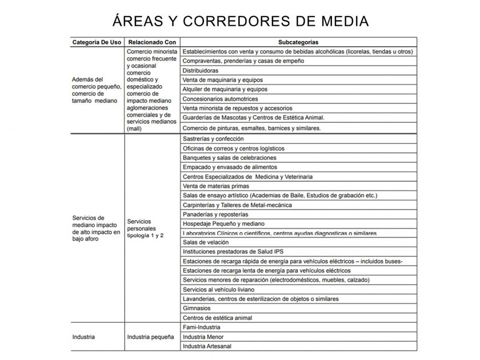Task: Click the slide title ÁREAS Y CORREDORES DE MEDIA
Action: (x=240, y=21)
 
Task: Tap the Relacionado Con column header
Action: (x=152, y=42)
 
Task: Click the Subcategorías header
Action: (x=298, y=42)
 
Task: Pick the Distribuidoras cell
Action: (x=201, y=70)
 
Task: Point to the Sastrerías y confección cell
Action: (x=213, y=139)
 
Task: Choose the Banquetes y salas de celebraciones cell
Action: (x=229, y=158)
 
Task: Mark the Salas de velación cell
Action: (x=206, y=242)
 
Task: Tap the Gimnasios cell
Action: (x=197, y=308)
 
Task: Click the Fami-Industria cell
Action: (x=201, y=327)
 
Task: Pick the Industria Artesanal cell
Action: (x=207, y=346)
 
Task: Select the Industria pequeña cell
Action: (x=150, y=337)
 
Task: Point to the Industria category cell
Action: (x=83, y=337)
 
